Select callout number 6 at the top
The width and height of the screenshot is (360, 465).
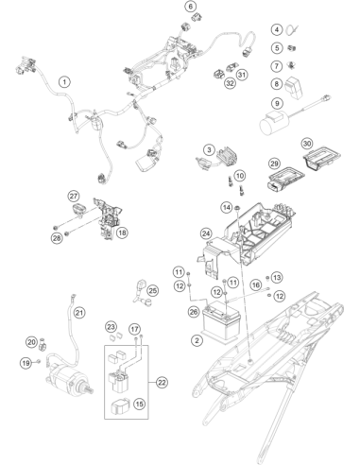191,7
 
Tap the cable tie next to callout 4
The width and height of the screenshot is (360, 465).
293,30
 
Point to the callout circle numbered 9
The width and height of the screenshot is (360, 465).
277,103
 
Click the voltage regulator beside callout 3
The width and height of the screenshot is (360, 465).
226,156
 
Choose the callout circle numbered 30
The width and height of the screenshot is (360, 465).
307,144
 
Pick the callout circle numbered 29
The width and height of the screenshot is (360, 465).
274,164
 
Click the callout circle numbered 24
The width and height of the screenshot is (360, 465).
206,233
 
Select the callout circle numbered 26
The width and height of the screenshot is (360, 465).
194,312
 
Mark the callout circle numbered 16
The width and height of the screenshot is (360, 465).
256,285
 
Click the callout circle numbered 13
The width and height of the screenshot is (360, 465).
277,278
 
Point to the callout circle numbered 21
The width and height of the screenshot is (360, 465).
79,313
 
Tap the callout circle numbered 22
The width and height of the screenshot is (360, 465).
162,383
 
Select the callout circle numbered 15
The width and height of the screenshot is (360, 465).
140,404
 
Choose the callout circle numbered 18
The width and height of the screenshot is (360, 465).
122,232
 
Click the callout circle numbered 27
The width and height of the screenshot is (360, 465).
74,197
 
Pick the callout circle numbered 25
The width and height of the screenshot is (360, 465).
153,290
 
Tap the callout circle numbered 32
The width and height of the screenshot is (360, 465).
230,83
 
